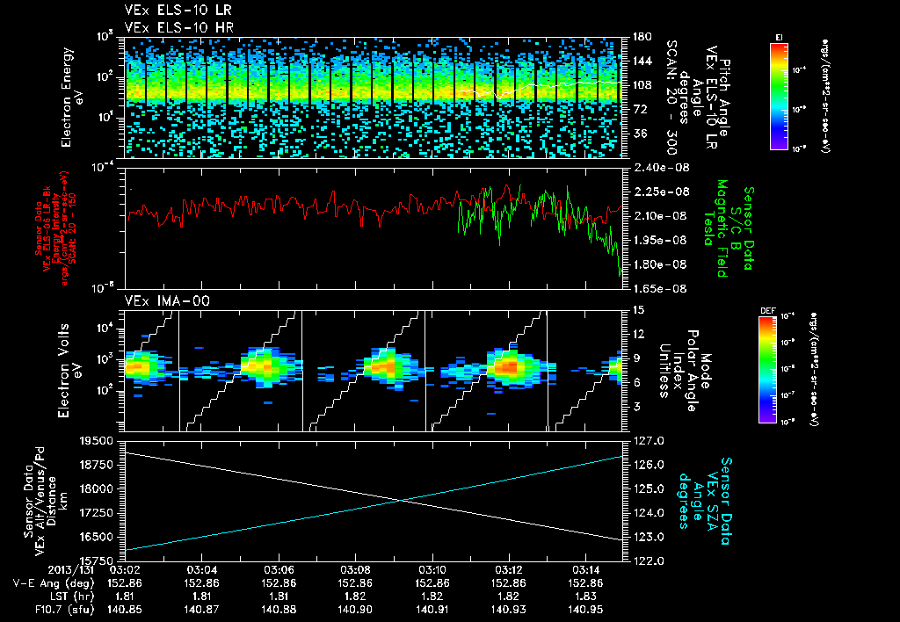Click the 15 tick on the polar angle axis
click(637, 310)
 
